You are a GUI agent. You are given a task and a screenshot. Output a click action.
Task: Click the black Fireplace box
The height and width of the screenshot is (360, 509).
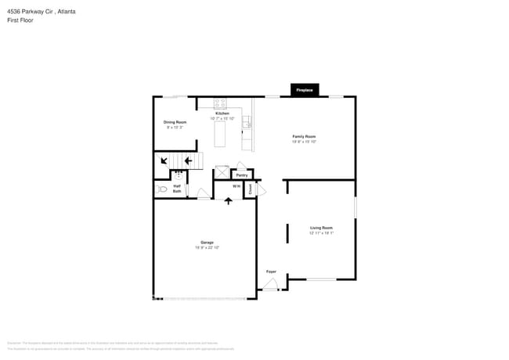pyautogui.click(x=305, y=90)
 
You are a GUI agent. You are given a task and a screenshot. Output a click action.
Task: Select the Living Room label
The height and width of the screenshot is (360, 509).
pyautogui.click(x=321, y=228)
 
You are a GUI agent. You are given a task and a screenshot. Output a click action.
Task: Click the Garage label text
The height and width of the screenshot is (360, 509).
pyautogui.click(x=207, y=243)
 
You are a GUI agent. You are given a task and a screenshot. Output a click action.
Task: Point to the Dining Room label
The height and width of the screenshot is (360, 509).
pyautogui.click(x=175, y=122)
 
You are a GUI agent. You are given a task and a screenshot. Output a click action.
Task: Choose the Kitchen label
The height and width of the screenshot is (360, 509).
pyautogui.click(x=223, y=113)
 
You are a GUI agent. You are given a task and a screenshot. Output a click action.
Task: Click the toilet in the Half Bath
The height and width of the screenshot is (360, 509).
pyautogui.click(x=162, y=189)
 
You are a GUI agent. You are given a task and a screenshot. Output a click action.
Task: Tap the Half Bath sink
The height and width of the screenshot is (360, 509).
pyautogui.click(x=178, y=175)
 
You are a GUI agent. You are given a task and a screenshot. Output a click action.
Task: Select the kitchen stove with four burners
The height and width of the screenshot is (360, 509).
pyautogui.click(x=220, y=103)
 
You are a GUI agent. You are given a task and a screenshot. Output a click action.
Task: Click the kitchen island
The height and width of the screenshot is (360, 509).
pyautogui.click(x=221, y=135)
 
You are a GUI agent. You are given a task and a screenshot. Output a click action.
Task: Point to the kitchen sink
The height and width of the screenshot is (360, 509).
pyautogui.click(x=247, y=122)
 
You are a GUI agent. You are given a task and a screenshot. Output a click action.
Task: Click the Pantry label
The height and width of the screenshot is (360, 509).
pyautogui.click(x=242, y=175)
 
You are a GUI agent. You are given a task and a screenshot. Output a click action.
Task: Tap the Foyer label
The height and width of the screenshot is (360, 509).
pyautogui.click(x=271, y=272)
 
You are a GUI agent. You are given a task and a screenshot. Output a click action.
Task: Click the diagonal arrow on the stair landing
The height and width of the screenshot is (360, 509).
pyautogui.click(x=164, y=160)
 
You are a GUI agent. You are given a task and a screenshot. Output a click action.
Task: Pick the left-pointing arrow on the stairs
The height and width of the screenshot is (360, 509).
pyautogui.click(x=188, y=161)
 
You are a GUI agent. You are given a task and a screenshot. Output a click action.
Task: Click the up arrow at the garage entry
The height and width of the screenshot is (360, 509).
pyautogui.click(x=228, y=201)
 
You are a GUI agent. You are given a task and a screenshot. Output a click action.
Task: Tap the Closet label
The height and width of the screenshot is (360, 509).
pyautogui.click(x=251, y=189)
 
